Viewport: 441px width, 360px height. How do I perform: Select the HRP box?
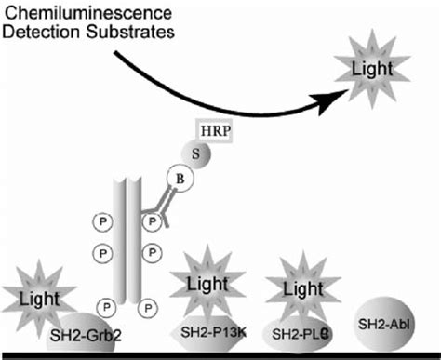(213, 132)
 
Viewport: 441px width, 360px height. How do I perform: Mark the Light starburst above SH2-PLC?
(291, 287)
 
